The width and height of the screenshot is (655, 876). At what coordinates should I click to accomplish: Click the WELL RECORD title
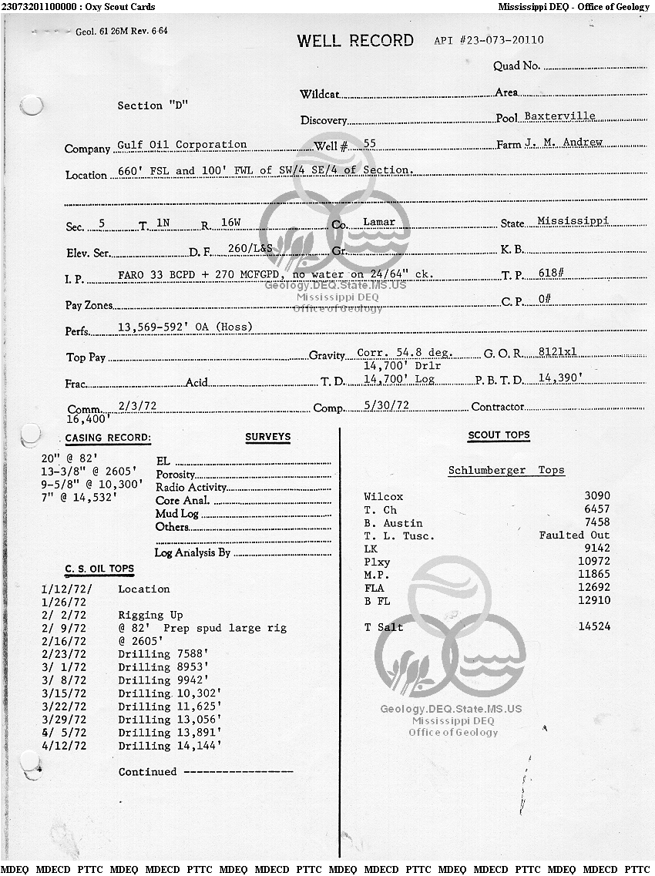(355, 41)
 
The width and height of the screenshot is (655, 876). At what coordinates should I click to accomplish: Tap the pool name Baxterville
(559, 116)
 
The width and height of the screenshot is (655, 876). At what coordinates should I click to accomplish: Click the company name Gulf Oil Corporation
(182, 145)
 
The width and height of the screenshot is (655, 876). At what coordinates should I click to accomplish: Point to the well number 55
(369, 144)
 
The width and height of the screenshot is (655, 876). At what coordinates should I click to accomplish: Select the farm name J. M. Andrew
(563, 143)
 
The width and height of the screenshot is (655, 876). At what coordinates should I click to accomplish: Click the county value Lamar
(378, 222)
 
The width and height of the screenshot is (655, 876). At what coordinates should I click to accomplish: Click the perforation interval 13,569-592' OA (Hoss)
(185, 327)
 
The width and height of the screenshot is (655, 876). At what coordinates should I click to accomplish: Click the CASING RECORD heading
(108, 438)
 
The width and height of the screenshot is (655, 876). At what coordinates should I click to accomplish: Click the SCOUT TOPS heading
(499, 435)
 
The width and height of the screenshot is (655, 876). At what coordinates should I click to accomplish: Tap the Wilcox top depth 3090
(596, 497)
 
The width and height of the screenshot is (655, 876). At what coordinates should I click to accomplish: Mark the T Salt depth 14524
(593, 627)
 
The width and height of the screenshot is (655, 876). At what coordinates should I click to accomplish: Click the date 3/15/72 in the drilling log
(64, 693)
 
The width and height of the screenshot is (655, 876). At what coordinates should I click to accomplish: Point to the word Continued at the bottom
(147, 772)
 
